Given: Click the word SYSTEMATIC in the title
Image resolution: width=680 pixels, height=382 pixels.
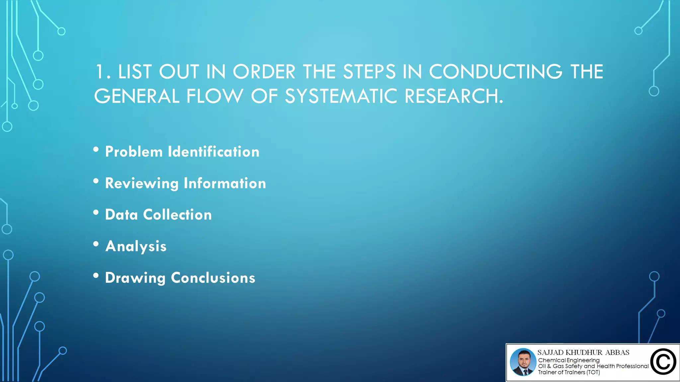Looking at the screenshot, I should pyautogui.click(x=341, y=96).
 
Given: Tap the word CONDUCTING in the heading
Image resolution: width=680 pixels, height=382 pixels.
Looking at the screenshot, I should pyautogui.click(x=495, y=72).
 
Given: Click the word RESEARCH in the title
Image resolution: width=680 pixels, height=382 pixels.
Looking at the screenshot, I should pyautogui.click(x=453, y=96).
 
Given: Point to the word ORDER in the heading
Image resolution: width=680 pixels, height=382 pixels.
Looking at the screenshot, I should pyautogui.click(x=264, y=72).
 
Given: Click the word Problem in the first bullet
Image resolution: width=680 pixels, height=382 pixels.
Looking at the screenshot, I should pyautogui.click(x=134, y=152).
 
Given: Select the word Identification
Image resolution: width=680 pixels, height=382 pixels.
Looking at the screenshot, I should pyautogui.click(x=213, y=152).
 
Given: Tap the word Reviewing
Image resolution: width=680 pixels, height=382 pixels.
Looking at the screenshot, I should pyautogui.click(x=142, y=183).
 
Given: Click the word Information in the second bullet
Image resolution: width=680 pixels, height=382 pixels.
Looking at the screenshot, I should pyautogui.click(x=225, y=183).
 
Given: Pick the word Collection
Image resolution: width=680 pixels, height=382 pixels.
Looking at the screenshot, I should pyautogui.click(x=177, y=215).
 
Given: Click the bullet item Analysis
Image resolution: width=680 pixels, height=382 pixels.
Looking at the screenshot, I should pyautogui.click(x=136, y=246).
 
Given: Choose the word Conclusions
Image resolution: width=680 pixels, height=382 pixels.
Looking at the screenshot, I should pyautogui.click(x=213, y=278).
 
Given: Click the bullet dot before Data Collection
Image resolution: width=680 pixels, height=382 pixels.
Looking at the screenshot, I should pyautogui.click(x=96, y=213).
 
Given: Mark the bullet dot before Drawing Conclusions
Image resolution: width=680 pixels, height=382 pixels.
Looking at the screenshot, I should pyautogui.click(x=96, y=276).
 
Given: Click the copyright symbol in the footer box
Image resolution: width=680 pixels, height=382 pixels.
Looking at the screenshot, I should pyautogui.click(x=663, y=362).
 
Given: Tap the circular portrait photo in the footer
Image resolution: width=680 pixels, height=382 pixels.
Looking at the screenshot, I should pyautogui.click(x=523, y=362).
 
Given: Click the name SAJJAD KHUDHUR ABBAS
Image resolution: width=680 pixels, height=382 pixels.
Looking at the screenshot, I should pyautogui.click(x=583, y=352).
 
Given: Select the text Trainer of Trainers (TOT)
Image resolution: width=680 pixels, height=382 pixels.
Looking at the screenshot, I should pyautogui.click(x=569, y=372).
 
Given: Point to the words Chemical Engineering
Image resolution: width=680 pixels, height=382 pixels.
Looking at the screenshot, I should pyautogui.click(x=569, y=360).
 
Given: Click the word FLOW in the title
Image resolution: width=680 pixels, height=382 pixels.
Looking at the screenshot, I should pyautogui.click(x=214, y=96).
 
